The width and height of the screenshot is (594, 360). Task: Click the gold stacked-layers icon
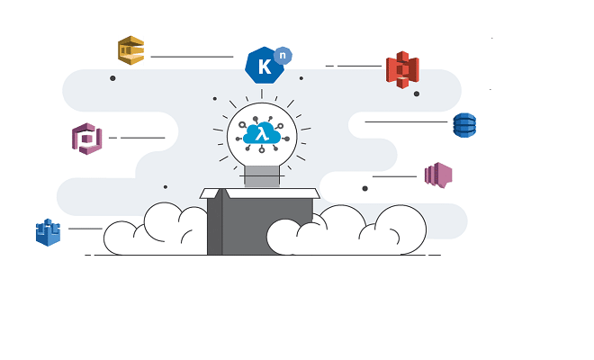pos(130,49)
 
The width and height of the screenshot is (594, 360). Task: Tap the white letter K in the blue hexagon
pos(264,67)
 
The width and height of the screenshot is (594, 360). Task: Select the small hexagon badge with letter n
pos(283,55)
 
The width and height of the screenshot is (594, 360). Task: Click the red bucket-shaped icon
pos(402,69)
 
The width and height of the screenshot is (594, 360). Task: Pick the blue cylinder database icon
pos(464,125)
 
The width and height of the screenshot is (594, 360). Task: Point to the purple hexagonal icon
pos(86,139)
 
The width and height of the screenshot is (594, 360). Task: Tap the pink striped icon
pos(438,175)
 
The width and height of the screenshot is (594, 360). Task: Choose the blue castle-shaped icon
pos(48,232)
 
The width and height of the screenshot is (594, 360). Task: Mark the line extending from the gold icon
pos(192,57)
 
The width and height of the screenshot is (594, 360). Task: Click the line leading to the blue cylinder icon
pos(406,121)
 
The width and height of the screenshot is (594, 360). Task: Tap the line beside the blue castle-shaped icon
pos(85,229)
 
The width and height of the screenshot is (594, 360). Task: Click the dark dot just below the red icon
pos(416,93)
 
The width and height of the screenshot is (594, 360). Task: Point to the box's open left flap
pos(214,193)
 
